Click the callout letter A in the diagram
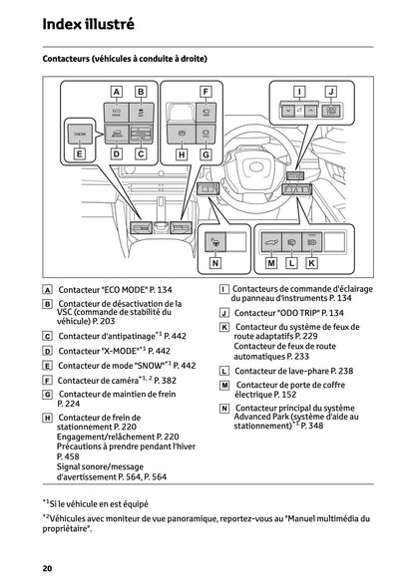116,92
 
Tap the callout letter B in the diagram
141,92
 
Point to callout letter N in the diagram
215,264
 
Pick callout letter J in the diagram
332,91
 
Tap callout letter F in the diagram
207,92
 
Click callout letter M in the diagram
271,264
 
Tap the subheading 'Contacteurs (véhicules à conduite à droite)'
125,60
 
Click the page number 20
47,567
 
